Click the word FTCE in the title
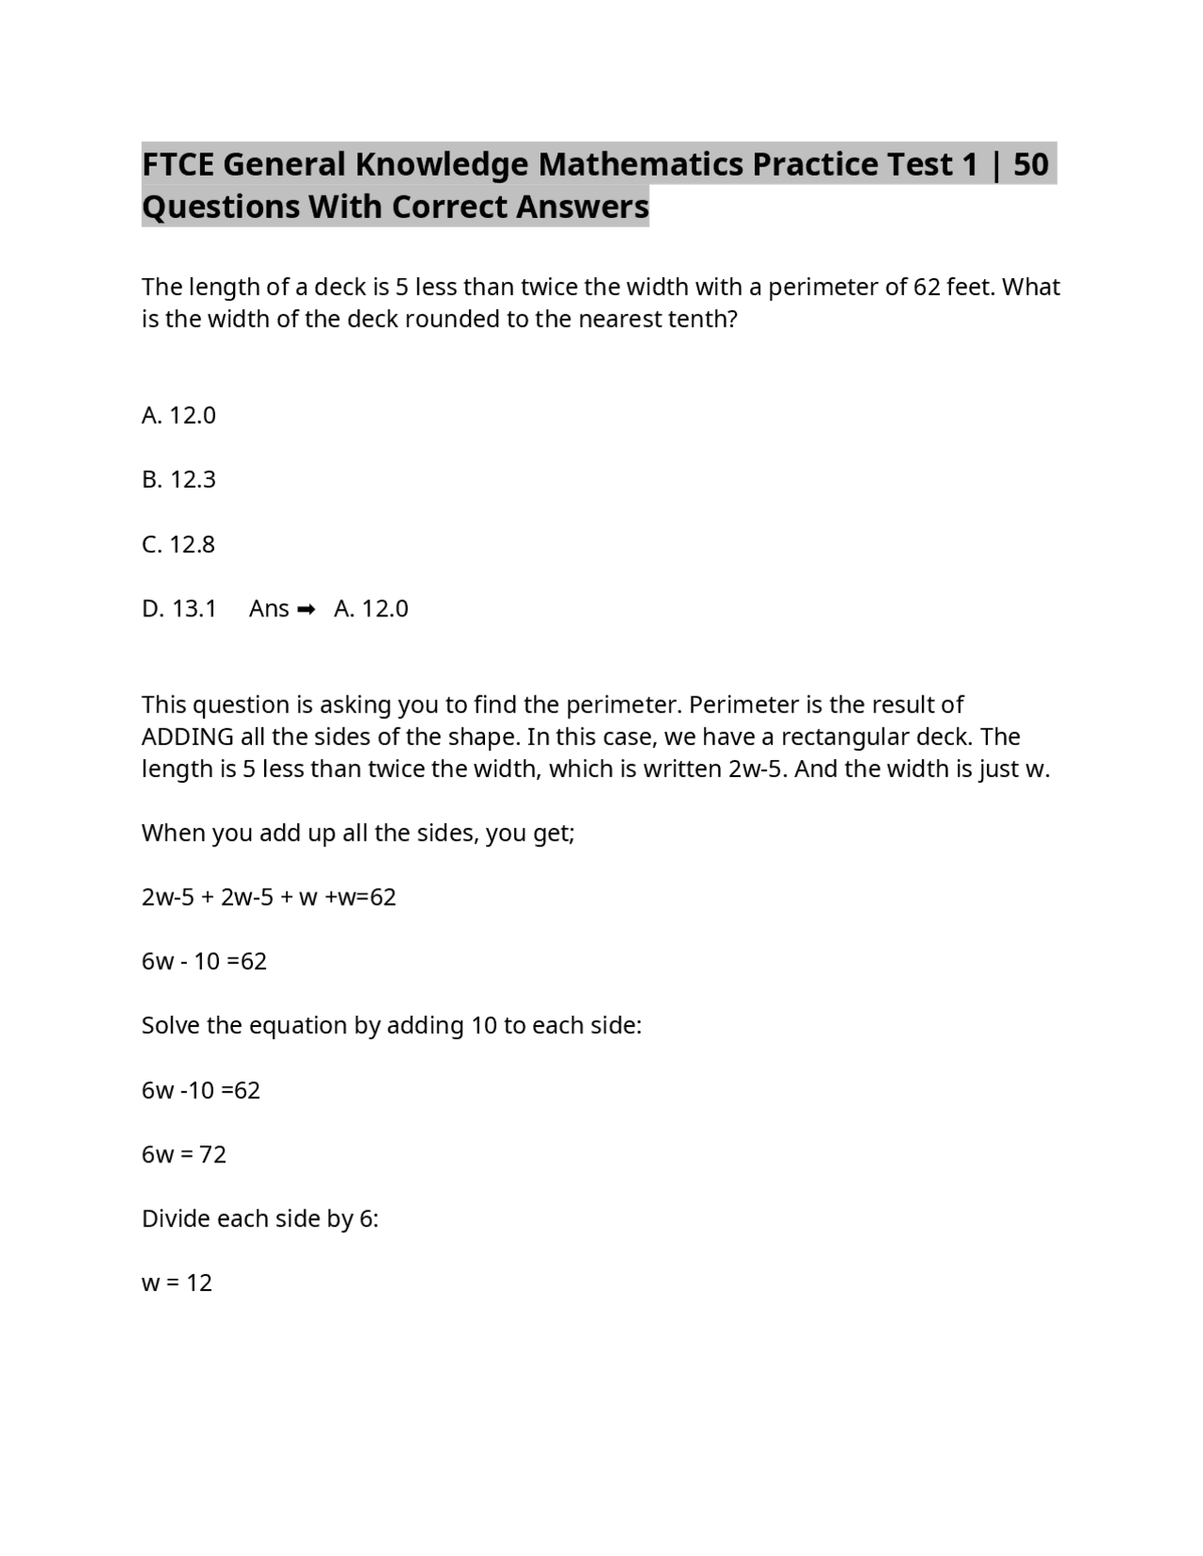click(179, 164)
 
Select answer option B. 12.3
click(179, 479)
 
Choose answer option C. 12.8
click(179, 544)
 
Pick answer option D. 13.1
click(179, 609)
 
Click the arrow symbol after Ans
click(305, 610)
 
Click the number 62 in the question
click(927, 287)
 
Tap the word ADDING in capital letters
click(187, 737)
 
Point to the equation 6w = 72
click(183, 1154)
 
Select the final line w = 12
click(177, 1283)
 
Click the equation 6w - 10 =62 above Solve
click(204, 961)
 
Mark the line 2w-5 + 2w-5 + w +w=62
click(269, 897)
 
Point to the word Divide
click(176, 1219)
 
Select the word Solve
click(170, 1025)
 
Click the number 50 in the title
click(1031, 164)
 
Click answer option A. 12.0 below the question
click(179, 415)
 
